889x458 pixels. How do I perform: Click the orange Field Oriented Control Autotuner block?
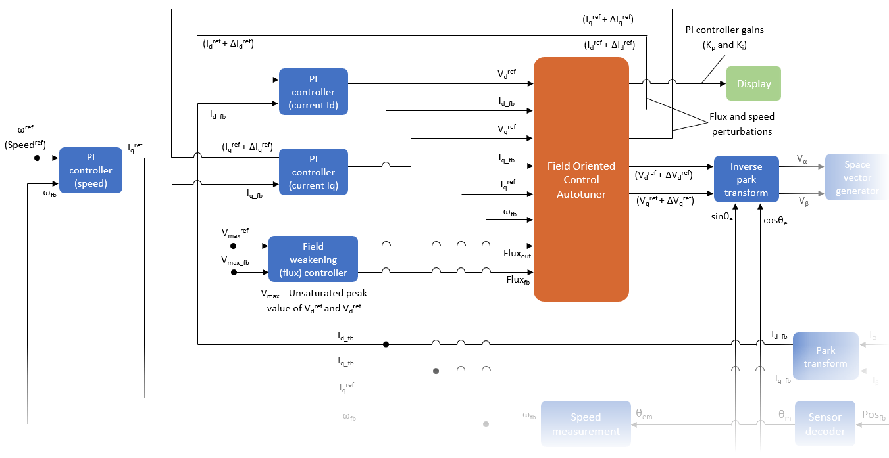(x=581, y=179)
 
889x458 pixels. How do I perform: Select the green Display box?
(x=753, y=83)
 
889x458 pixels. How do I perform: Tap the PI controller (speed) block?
(x=91, y=170)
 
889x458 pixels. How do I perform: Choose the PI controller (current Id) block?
(x=313, y=92)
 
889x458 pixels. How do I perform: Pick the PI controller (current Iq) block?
(x=313, y=172)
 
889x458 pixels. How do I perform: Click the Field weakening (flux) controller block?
(x=313, y=260)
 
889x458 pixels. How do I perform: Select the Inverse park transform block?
(x=746, y=179)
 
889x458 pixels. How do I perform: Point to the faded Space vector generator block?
(x=857, y=177)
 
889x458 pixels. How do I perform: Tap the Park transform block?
(x=825, y=357)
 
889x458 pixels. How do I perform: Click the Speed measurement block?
(x=586, y=424)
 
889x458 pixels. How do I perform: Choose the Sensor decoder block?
(x=825, y=424)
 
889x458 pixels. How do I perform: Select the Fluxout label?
(x=517, y=254)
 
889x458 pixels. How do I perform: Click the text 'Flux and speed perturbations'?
(x=742, y=124)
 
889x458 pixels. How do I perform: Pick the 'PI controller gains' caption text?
(x=723, y=30)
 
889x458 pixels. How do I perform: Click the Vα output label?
(x=802, y=159)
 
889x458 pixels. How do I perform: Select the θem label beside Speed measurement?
(x=644, y=416)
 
